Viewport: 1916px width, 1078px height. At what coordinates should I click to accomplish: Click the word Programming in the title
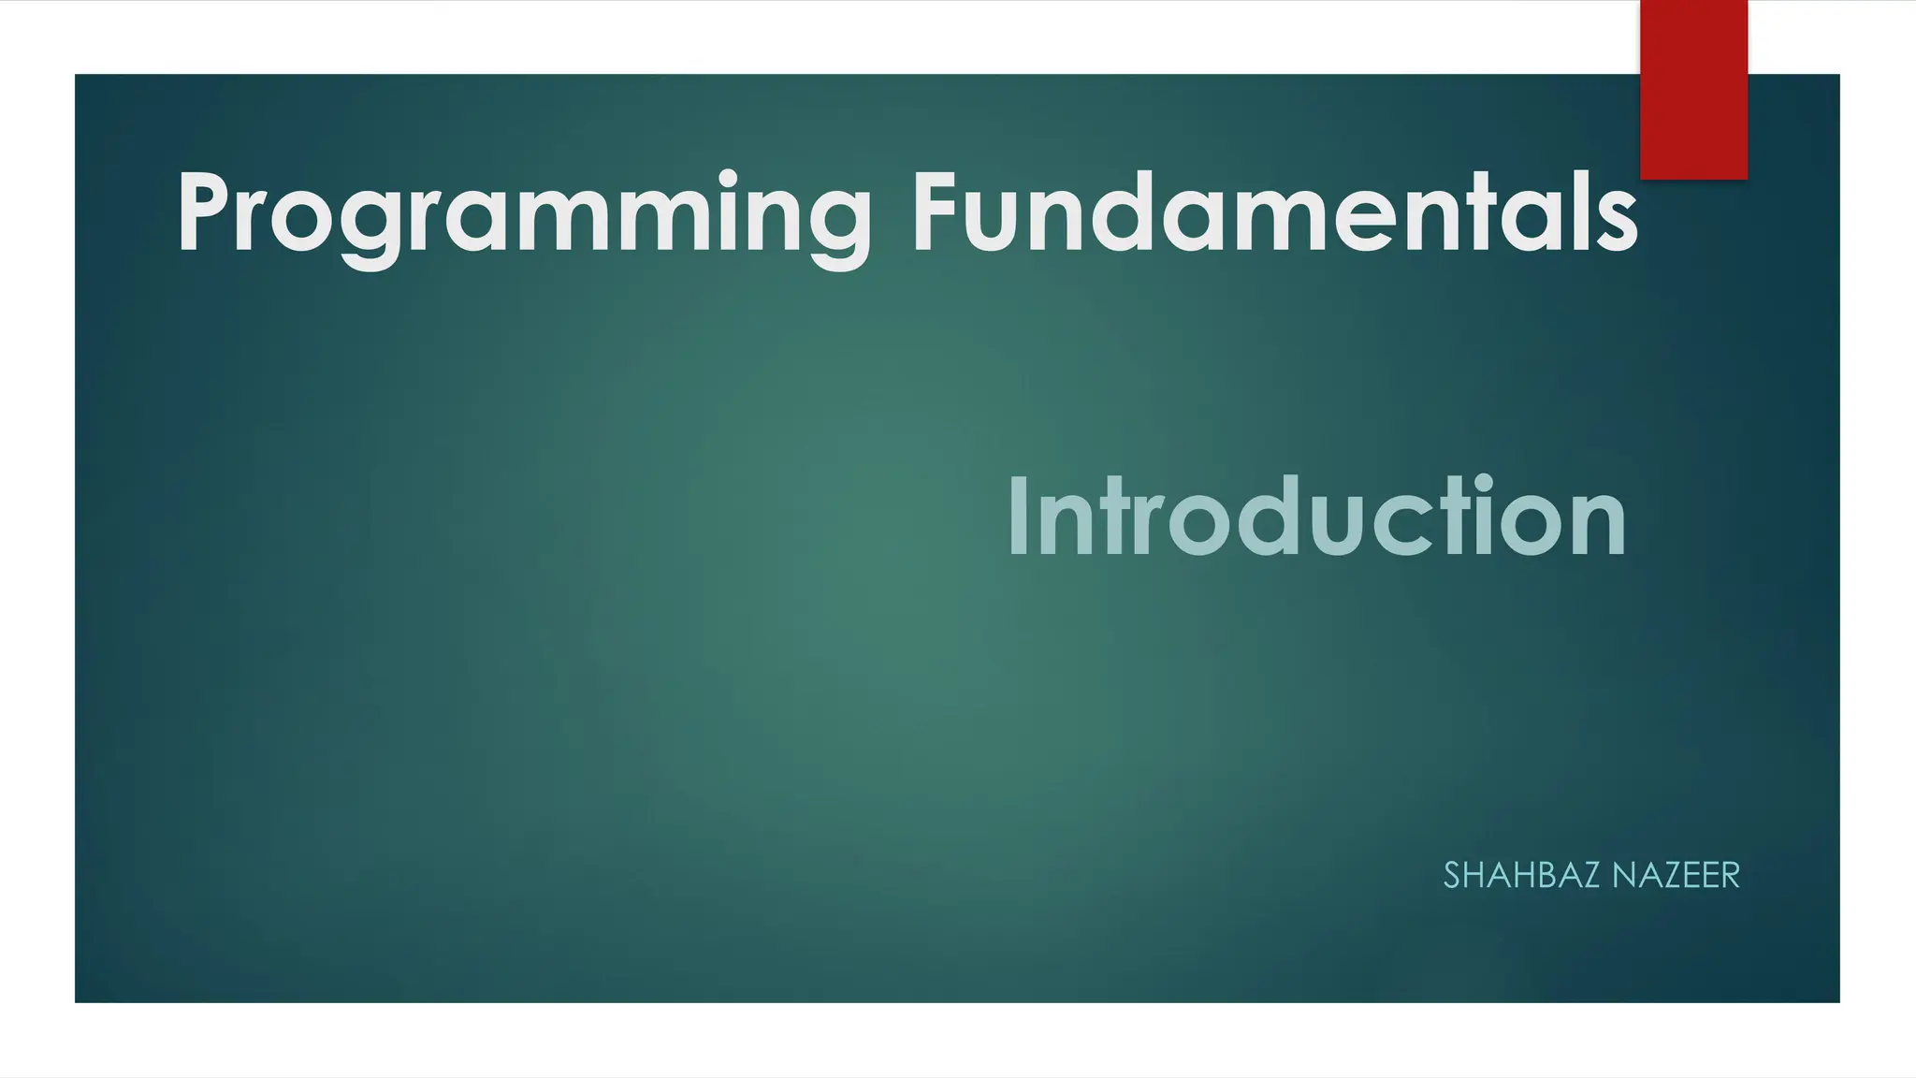click(524, 215)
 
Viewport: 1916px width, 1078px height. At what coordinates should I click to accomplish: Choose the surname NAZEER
click(1676, 876)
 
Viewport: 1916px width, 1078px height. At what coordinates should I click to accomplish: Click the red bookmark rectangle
click(1693, 89)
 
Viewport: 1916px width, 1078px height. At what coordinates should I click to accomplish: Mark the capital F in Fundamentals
click(936, 213)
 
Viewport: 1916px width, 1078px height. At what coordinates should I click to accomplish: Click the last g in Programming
click(836, 229)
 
